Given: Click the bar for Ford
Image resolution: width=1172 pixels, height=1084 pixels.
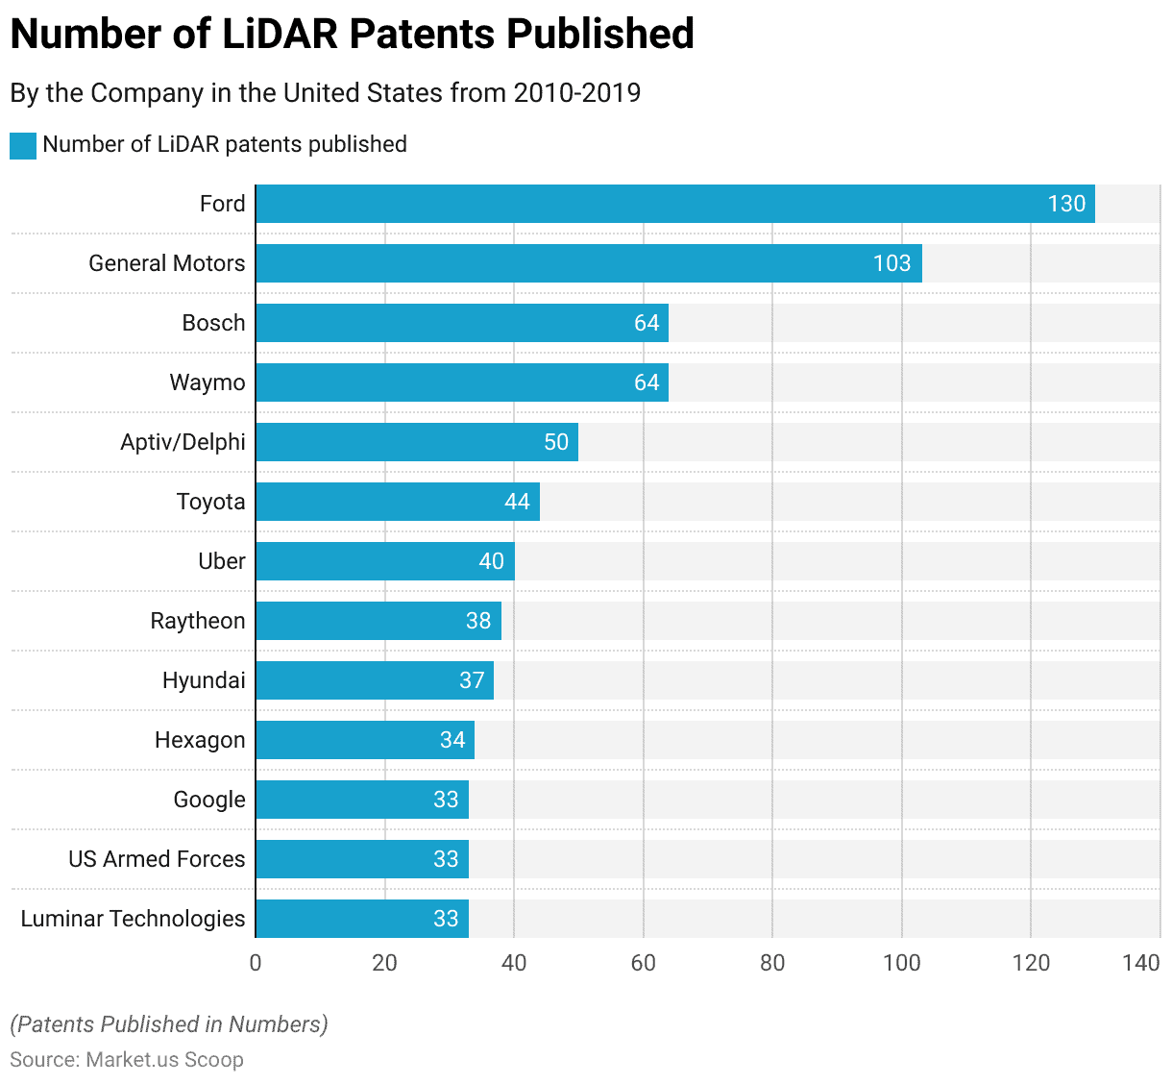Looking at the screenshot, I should click(x=672, y=204).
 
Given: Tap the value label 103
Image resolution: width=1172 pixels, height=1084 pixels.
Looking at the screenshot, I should click(x=891, y=263).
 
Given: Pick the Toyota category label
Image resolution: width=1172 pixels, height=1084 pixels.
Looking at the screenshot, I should click(x=210, y=502).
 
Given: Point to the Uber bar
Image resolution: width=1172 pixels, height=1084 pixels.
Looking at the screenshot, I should click(x=384, y=561).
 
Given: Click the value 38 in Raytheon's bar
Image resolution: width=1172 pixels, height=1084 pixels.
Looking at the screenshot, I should click(x=478, y=621).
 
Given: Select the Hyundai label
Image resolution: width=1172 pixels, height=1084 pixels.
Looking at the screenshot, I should click(x=204, y=680).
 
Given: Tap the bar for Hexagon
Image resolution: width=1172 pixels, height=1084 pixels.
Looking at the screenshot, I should click(x=364, y=740).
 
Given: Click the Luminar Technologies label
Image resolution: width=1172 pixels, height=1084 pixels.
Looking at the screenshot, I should click(x=133, y=919).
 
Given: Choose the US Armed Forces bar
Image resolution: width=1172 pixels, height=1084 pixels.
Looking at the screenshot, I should click(x=361, y=859).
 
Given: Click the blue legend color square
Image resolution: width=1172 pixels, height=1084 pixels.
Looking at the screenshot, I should click(x=23, y=145).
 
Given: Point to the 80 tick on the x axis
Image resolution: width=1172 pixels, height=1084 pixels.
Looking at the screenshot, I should click(x=772, y=963).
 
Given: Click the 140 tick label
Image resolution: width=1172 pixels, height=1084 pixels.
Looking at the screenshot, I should click(x=1141, y=963).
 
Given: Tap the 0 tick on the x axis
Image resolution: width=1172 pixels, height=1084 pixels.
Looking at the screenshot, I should click(x=256, y=963).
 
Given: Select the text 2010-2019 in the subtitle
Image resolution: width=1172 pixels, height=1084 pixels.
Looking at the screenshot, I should click(x=576, y=93).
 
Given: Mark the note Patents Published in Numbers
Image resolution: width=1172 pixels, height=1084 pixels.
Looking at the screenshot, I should click(x=169, y=1024).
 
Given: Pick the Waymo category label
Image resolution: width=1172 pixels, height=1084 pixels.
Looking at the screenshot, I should click(x=208, y=382).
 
